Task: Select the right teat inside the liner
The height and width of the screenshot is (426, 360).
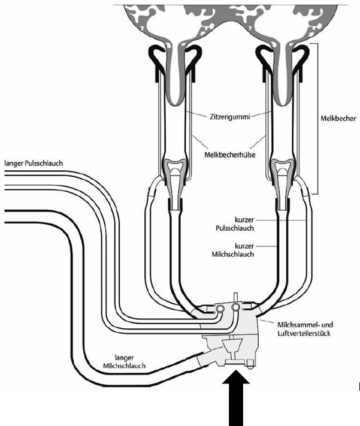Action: point(282,78)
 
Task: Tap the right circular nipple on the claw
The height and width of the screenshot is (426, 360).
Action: point(237,307)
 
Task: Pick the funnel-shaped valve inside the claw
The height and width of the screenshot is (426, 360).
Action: point(230,347)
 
